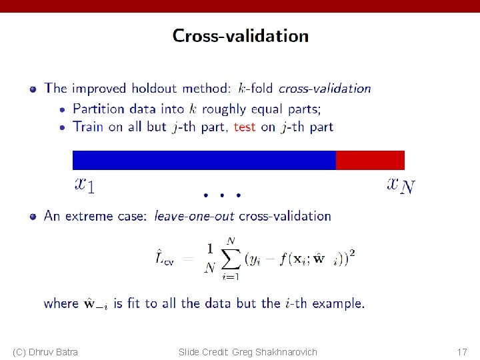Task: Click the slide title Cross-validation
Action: click(240, 36)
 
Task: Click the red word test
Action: click(245, 127)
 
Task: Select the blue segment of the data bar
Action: click(203, 160)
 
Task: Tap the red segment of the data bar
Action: click(370, 160)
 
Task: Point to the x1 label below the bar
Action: click(85, 184)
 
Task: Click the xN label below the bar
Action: click(401, 184)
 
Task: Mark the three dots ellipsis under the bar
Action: click(222, 195)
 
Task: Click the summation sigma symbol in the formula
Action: click(230, 258)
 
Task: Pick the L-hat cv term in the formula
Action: click(165, 257)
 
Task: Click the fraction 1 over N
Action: click(209, 258)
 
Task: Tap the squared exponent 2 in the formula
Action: click(351, 253)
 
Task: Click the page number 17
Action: click(461, 351)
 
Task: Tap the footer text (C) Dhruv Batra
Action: click(45, 351)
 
